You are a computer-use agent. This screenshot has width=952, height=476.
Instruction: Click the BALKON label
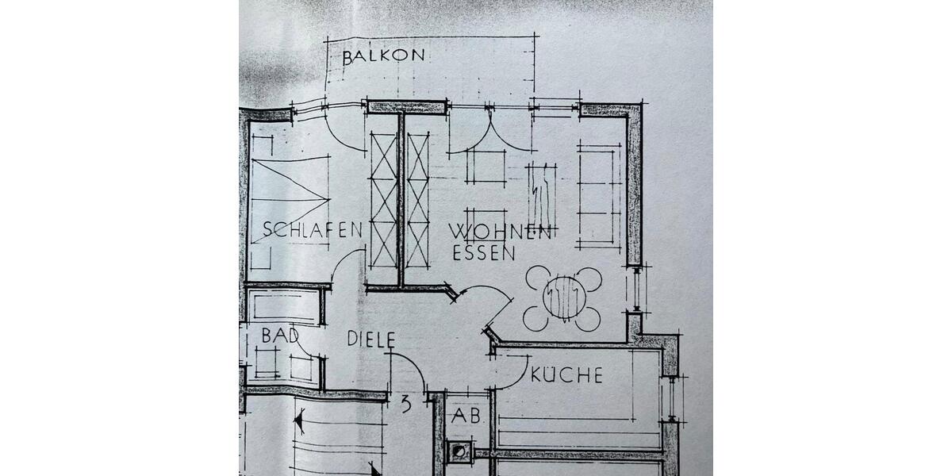click(x=384, y=56)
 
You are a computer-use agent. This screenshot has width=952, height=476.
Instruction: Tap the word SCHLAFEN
click(x=312, y=230)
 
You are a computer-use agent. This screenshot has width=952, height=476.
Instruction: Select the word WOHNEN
click(x=500, y=232)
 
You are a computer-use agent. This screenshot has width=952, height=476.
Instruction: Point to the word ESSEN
click(x=484, y=254)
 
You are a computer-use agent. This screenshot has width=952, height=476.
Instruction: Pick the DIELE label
click(x=371, y=340)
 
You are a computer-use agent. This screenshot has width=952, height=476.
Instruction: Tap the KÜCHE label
click(x=566, y=375)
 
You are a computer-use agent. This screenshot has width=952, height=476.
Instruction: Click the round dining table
click(x=562, y=298)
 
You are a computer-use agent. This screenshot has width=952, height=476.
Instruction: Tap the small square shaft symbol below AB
click(x=459, y=452)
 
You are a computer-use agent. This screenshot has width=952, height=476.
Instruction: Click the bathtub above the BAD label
click(x=282, y=306)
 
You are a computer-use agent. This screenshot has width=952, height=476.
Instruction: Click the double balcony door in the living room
click(x=489, y=131)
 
